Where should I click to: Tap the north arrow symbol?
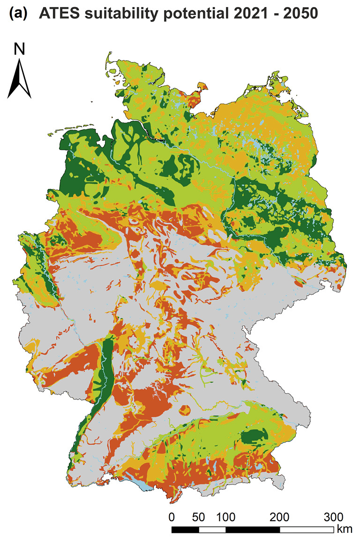(19, 80)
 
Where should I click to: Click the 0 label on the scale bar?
(172, 517)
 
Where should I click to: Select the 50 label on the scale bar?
(199, 517)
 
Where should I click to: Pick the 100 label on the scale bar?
(225, 517)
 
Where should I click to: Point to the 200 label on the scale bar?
(280, 517)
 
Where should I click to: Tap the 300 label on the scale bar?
(334, 517)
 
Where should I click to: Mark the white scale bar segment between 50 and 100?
(212, 530)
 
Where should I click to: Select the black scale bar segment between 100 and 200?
(253, 530)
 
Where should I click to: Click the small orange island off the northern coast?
(202, 86)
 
